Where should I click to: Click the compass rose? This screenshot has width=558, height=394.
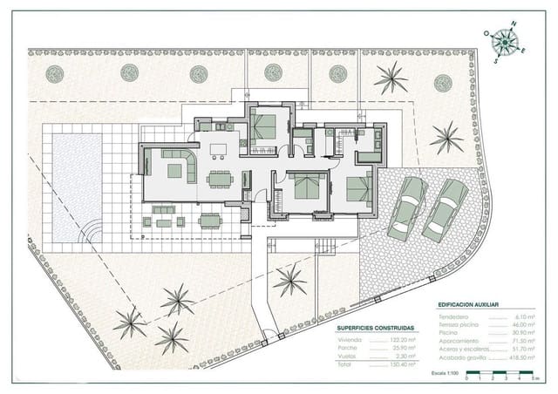(x=503, y=41)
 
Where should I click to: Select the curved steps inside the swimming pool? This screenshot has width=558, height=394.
(x=91, y=232)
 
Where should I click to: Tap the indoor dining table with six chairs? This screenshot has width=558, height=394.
(x=220, y=180)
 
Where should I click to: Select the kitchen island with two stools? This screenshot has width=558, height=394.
(x=218, y=147)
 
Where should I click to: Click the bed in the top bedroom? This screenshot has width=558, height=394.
(x=262, y=127)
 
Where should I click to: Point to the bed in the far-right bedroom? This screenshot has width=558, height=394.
(x=358, y=188)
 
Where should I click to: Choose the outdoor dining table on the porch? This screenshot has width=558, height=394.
(x=210, y=221)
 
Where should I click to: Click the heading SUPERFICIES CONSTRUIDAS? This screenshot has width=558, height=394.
(x=376, y=329)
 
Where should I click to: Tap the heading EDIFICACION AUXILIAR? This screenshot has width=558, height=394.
(x=469, y=304)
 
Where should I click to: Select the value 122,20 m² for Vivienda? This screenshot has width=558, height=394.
(x=400, y=339)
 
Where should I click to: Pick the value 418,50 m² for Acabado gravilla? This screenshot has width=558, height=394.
(x=521, y=358)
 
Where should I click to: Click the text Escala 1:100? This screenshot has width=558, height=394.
(x=445, y=372)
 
